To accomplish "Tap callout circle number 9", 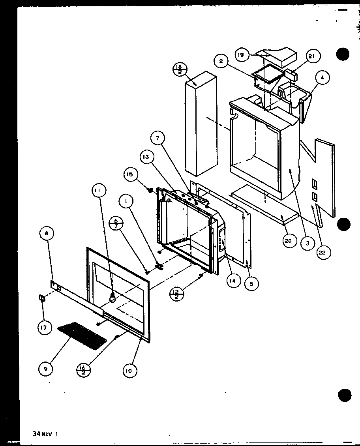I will pyautogui.click(x=46, y=369).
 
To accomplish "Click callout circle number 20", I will pyautogui.click(x=289, y=241).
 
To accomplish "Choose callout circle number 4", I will pyautogui.click(x=322, y=78).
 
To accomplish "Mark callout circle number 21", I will pyautogui.click(x=311, y=57).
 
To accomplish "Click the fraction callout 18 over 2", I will pyautogui.click(x=179, y=69).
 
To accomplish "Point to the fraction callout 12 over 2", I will pyautogui.click(x=176, y=294).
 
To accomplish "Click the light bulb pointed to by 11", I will pyautogui.click(x=112, y=299).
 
